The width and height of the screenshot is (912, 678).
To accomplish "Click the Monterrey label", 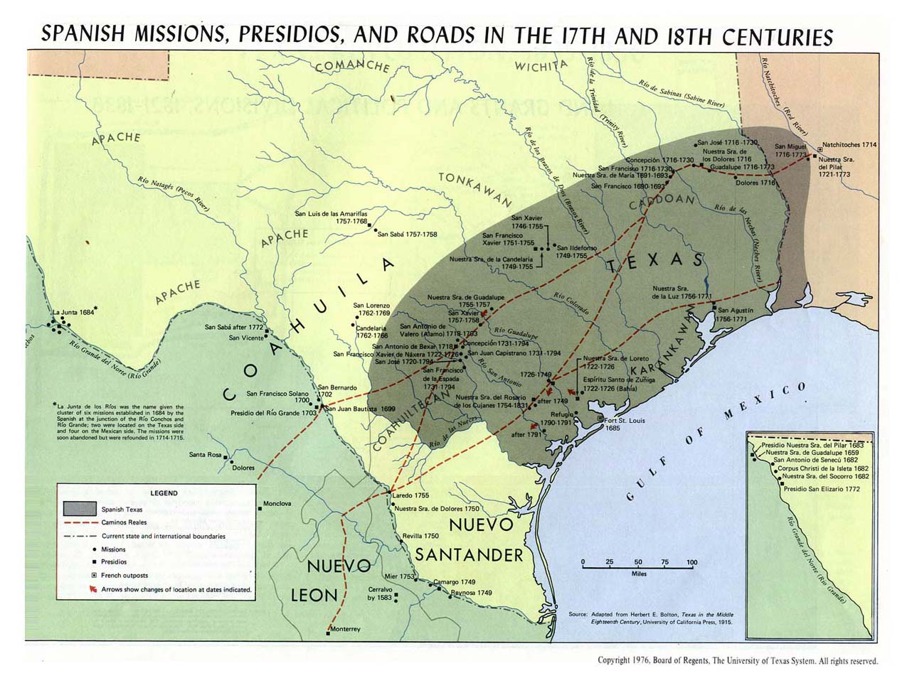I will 346,629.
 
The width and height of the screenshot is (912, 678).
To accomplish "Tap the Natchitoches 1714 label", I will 849,144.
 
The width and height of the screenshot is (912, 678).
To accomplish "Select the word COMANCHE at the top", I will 352,65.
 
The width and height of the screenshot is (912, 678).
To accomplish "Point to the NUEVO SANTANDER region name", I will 470,539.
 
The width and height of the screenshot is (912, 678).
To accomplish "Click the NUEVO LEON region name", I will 331,580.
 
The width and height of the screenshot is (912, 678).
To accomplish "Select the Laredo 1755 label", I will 410,495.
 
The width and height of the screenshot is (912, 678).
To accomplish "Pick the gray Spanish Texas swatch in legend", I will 80,509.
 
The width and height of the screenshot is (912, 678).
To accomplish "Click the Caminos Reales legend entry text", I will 124,522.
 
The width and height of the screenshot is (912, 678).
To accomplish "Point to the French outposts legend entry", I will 124,576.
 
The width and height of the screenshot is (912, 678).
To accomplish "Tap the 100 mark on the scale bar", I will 691,562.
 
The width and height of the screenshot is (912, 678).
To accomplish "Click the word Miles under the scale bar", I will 638,574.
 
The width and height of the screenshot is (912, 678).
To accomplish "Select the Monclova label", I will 277,504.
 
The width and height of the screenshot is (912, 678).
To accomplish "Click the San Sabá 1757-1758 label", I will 407,234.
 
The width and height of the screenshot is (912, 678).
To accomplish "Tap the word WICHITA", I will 541,67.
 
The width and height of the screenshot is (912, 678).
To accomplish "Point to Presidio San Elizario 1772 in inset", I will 821,489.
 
